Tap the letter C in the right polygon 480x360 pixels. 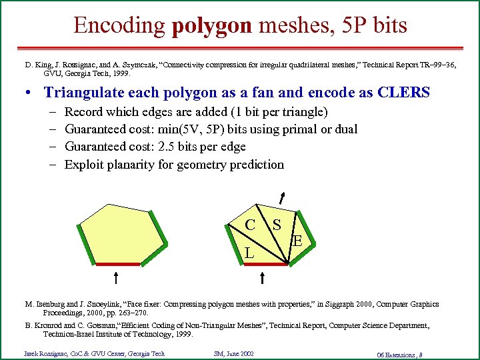pos(249,225)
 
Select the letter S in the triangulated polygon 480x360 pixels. pos(275,225)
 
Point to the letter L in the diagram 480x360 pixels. pos(248,253)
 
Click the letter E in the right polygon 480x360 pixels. pos(298,241)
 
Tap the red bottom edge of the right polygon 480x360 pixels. pos(265,265)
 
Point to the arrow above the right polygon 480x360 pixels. pos(283,197)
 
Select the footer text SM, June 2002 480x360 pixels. pos(234,353)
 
